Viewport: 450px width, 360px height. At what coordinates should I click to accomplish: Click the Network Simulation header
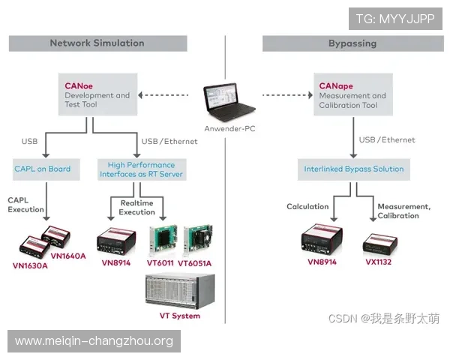point(97,43)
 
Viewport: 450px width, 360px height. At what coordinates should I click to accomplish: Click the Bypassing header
point(352,43)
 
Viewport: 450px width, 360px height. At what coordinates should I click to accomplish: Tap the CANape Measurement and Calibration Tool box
point(352,95)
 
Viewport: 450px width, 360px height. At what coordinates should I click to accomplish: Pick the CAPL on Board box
point(43,169)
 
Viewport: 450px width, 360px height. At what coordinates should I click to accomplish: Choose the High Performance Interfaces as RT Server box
point(141,169)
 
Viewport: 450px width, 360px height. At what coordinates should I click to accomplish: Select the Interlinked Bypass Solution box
point(354,169)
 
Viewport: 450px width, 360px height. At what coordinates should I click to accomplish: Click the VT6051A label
point(195,263)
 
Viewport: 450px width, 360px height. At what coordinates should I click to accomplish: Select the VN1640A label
point(70,256)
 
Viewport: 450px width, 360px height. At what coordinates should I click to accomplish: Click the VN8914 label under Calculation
point(322,262)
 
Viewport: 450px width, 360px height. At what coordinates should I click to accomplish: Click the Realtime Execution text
point(137,207)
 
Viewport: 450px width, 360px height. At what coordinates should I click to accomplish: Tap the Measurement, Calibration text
point(403,211)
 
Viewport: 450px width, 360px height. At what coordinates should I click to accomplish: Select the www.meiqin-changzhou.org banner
point(94,341)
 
